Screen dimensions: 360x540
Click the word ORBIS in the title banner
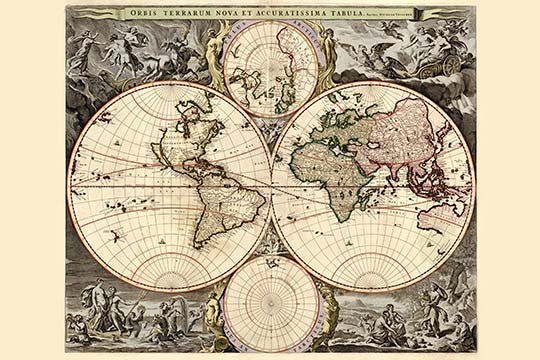click(x=143, y=14)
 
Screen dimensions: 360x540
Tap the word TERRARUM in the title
click(x=187, y=14)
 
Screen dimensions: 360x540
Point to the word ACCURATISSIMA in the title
click(x=295, y=14)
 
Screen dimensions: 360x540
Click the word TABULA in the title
click(x=354, y=14)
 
